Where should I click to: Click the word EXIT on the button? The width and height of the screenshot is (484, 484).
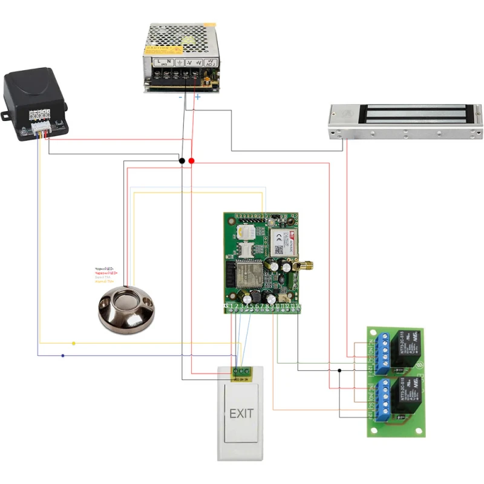click(x=241, y=414)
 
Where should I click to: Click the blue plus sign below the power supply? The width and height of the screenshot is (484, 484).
click(x=197, y=97)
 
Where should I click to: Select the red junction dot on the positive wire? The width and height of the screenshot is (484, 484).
click(x=192, y=161)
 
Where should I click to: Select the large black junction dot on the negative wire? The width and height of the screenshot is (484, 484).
click(x=181, y=161)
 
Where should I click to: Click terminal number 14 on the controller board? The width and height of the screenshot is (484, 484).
click(x=298, y=307)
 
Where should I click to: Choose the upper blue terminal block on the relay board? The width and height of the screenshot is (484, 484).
click(x=382, y=355)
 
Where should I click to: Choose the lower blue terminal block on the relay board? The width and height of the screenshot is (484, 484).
click(x=382, y=402)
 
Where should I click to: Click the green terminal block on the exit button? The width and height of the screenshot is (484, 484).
click(x=241, y=370)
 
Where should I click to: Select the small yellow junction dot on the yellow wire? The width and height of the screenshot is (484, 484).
click(x=74, y=344)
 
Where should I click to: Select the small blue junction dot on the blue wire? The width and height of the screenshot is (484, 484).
click(x=63, y=356)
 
